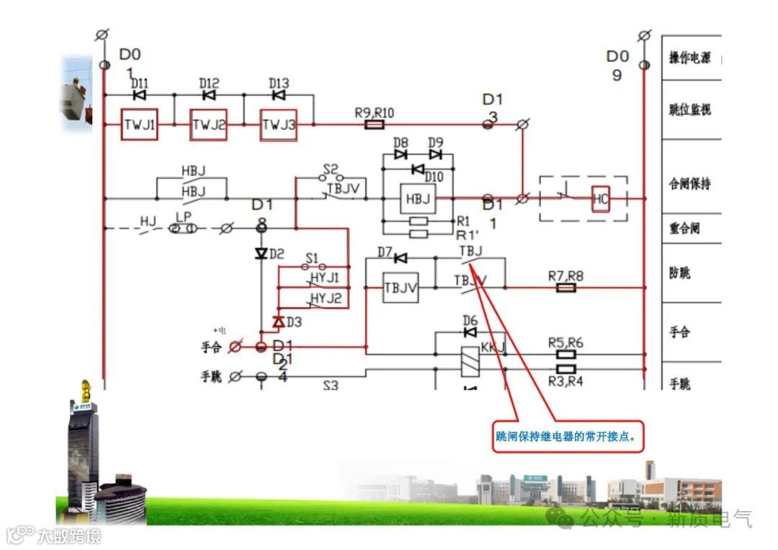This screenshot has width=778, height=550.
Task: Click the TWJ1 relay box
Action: (139, 125)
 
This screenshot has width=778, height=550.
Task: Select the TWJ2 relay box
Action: (208, 125)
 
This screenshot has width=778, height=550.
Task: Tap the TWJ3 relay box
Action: (279, 125)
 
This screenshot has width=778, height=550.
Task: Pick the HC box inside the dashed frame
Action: (601, 198)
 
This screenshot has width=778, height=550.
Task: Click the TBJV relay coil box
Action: (401, 288)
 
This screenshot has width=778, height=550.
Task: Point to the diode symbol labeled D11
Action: (139, 94)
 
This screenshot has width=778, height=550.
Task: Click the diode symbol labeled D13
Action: (279, 94)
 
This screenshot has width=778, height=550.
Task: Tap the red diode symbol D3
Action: (278, 321)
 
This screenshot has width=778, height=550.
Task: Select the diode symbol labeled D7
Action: (401, 257)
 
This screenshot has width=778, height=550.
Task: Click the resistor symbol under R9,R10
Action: (374, 125)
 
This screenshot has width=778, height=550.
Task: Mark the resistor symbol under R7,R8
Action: (566, 288)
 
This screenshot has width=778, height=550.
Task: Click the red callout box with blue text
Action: (568, 437)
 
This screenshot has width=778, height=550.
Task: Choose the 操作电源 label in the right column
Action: (689, 58)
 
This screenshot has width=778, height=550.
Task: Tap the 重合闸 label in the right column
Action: (684, 228)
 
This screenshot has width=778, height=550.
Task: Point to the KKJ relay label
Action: (493, 347)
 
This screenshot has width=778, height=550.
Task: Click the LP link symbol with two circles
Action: (182, 228)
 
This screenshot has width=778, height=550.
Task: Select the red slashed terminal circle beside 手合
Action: (235, 347)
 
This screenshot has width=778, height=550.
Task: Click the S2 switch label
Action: (331, 169)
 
